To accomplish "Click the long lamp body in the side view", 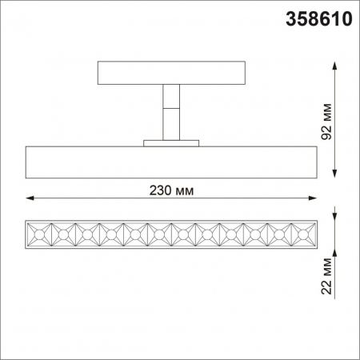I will tap(172, 162).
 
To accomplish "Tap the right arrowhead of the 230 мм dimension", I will tap(315, 198).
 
